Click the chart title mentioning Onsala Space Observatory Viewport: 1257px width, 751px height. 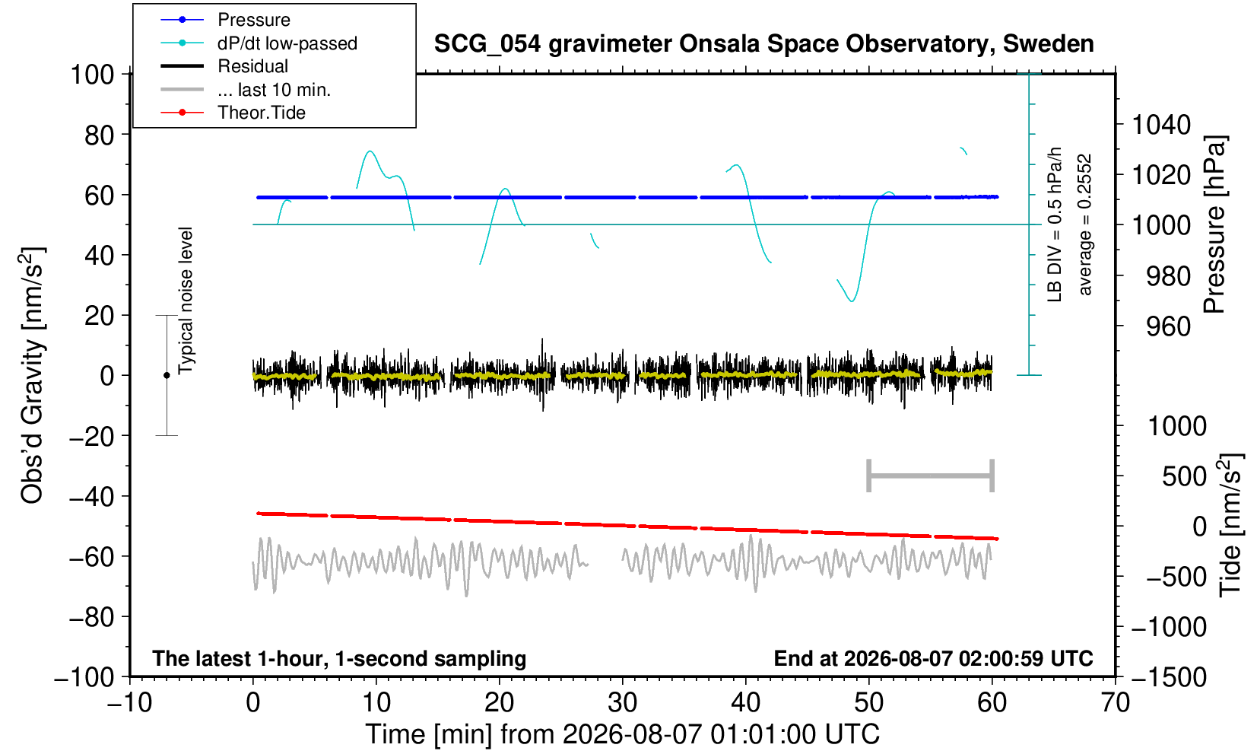tap(763, 44)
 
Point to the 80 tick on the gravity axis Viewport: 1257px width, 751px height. tap(100, 135)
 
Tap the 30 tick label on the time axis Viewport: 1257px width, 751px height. tap(622, 702)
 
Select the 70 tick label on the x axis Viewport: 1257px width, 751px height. tap(1115, 702)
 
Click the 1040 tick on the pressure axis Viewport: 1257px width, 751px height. tap(1161, 125)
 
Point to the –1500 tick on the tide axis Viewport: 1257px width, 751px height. tap(1168, 677)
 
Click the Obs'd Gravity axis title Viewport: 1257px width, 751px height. tap(32, 375)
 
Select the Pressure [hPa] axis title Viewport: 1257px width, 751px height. tap(1215, 224)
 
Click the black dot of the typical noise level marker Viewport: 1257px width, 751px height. tap(167, 375)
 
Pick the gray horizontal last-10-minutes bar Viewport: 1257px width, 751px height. tap(931, 476)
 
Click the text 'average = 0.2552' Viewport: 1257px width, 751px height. tap(1085, 224)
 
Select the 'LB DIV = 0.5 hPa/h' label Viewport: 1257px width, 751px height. tap(1055, 224)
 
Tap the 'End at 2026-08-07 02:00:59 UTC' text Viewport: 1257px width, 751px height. tap(933, 658)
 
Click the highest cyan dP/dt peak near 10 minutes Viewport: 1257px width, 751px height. tap(370, 151)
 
